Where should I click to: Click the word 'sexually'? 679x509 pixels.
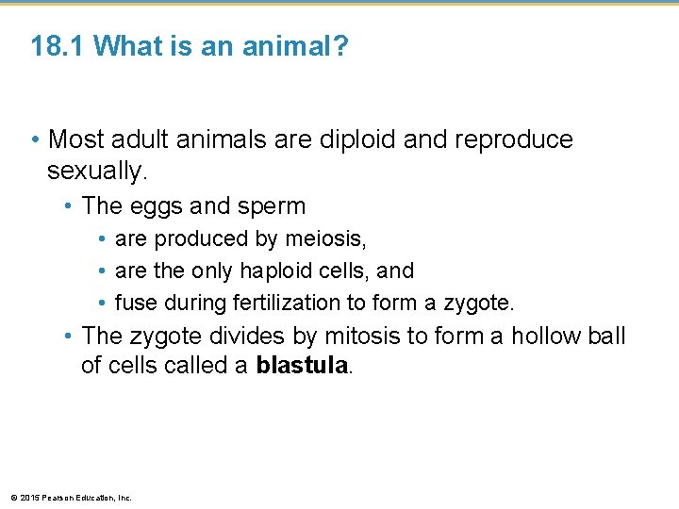(x=93, y=171)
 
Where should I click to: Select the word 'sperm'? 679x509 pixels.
(x=273, y=205)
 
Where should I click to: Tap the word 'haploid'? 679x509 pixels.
(x=281, y=271)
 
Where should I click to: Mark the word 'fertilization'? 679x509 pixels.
(x=298, y=304)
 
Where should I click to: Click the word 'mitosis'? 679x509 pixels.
(x=354, y=336)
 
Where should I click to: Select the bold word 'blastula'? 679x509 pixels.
(x=302, y=366)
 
